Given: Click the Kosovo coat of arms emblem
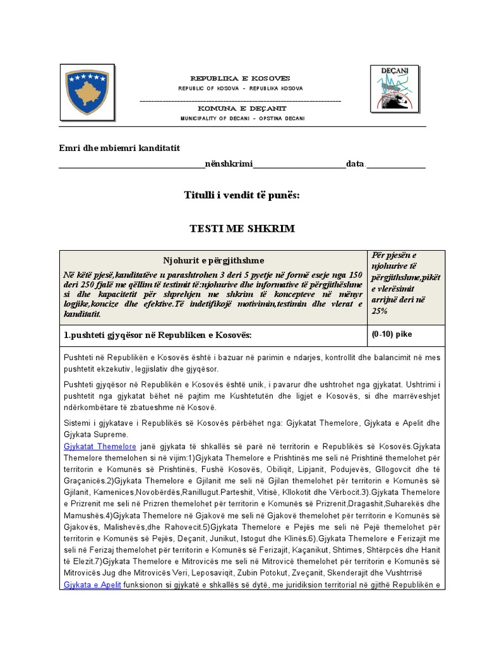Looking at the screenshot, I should [x=88, y=92].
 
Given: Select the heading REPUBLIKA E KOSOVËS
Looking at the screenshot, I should [x=240, y=78].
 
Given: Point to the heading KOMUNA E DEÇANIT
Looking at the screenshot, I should [x=240, y=109].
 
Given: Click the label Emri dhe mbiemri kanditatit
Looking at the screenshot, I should [x=119, y=148].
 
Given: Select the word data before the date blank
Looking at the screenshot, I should [x=355, y=164].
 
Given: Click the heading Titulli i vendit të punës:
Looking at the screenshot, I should [x=242, y=196].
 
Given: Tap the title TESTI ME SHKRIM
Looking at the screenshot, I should [x=242, y=228].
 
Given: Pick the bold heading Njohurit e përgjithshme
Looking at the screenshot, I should [x=213, y=260].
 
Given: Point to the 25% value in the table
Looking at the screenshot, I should [x=379, y=311].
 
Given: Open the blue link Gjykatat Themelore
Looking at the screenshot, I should [x=91, y=446].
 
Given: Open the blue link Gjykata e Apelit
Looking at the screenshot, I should [x=92, y=585].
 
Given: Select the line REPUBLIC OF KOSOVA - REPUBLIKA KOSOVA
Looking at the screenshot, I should [x=240, y=88].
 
